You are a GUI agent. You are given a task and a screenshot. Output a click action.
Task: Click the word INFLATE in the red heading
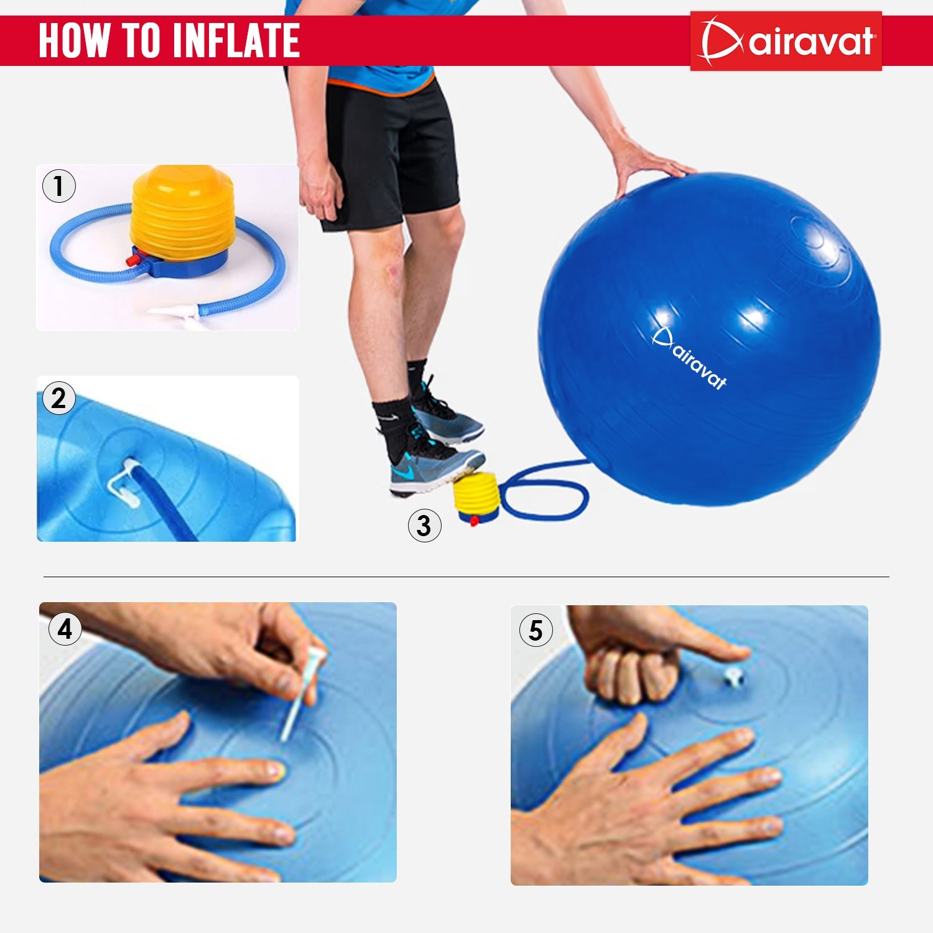point(236,40)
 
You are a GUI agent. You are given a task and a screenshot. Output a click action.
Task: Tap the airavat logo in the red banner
point(786,41)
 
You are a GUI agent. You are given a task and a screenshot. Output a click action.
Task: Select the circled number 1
point(59,186)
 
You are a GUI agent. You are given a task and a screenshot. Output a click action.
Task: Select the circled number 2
point(59,398)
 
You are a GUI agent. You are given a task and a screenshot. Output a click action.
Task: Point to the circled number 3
point(424,526)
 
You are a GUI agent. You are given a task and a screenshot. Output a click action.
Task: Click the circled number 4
point(65,629)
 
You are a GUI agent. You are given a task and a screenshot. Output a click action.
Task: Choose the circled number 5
point(536,630)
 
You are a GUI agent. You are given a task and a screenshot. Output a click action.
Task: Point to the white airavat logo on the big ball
point(689,358)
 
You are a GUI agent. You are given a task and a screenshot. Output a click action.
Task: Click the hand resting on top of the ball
point(647,162)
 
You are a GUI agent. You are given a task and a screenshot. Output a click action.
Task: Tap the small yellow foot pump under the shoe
point(476,496)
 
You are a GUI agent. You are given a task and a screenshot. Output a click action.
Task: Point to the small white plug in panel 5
point(735,676)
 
